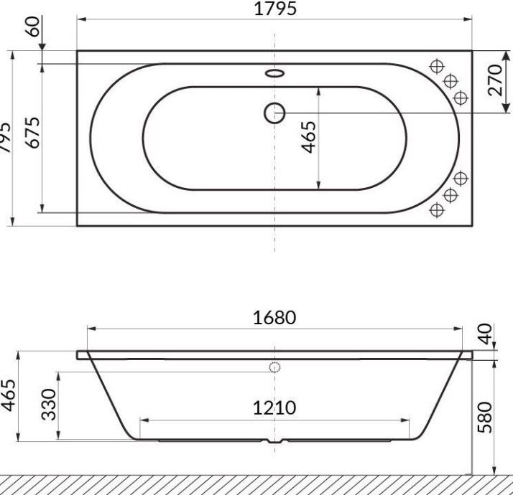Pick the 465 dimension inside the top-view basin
click(x=308, y=136)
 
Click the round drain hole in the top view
click(x=274, y=113)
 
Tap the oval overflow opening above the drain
click(x=274, y=73)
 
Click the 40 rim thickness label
click(x=487, y=334)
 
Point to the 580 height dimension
click(x=487, y=415)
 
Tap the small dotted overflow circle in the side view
click(x=274, y=367)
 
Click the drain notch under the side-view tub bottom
click(x=274, y=442)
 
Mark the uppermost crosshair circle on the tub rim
click(x=435, y=67)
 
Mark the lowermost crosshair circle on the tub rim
click(x=435, y=209)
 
